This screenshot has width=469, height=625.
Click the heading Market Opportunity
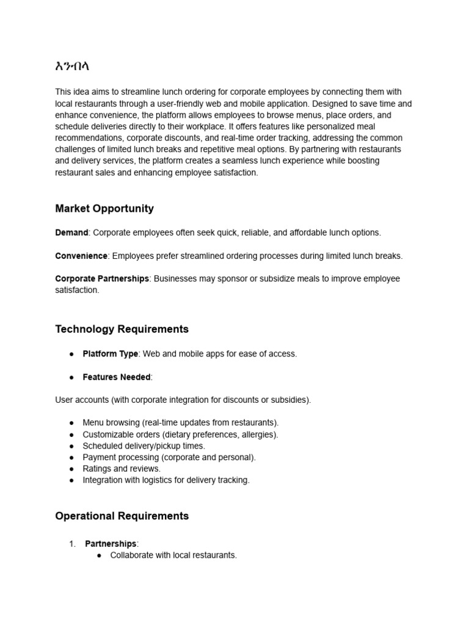pyautogui.click(x=104, y=209)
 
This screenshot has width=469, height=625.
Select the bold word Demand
pyautogui.click(x=71, y=233)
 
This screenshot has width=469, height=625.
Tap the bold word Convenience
pyautogui.click(x=81, y=256)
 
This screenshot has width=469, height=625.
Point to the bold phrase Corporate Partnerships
pyautogui.click(x=102, y=278)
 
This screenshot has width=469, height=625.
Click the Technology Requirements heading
pyautogui.click(x=122, y=330)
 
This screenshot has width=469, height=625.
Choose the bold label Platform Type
pyautogui.click(x=111, y=354)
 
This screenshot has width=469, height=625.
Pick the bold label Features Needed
pyautogui.click(x=117, y=377)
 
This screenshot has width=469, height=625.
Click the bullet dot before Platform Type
pyautogui.click(x=71, y=354)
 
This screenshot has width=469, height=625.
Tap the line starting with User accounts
pyautogui.click(x=183, y=400)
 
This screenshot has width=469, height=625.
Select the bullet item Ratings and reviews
pyautogui.click(x=122, y=469)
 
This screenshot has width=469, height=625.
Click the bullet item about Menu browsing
pyautogui.click(x=181, y=423)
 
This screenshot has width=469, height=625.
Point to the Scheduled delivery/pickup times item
pyautogui.click(x=144, y=446)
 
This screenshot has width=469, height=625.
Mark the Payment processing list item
pyautogui.click(x=169, y=457)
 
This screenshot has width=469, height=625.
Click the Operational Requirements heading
pyautogui.click(x=122, y=516)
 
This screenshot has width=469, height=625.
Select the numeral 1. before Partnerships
pyautogui.click(x=72, y=544)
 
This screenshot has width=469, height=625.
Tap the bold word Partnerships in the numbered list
pyautogui.click(x=111, y=544)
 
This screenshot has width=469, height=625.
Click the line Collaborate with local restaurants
pyautogui.click(x=173, y=555)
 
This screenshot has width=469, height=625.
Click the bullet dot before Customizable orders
pyautogui.click(x=71, y=435)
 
